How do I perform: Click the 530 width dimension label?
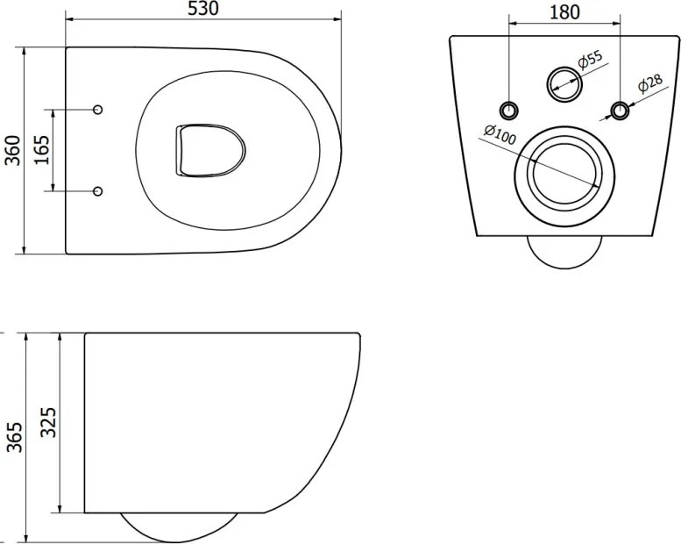point(202,9)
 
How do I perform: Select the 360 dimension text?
point(13,150)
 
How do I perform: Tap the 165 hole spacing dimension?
point(43,150)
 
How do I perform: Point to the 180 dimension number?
point(564,12)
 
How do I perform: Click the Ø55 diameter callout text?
point(591,60)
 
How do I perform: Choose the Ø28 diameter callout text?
point(649,84)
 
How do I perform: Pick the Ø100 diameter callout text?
point(500,134)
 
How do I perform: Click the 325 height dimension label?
point(48,422)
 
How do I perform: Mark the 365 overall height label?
point(14,437)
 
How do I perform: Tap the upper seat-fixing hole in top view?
point(98,109)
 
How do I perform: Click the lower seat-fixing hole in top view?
point(98,191)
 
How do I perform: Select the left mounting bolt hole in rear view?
point(508,110)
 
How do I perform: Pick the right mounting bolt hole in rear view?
point(621,110)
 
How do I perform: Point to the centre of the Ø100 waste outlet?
point(564,175)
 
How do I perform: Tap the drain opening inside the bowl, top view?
point(210,150)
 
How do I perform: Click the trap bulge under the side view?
point(179,527)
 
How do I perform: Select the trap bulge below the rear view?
point(564,252)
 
